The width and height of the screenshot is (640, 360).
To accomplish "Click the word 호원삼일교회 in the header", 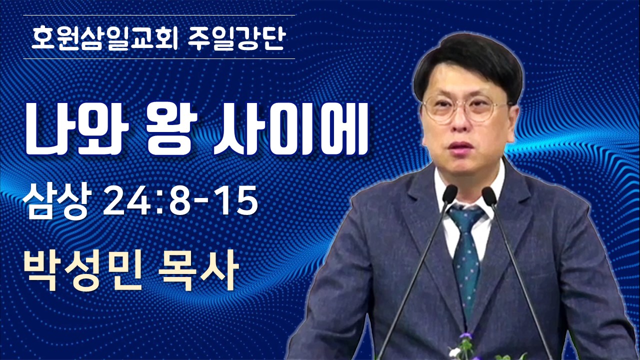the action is click(104, 38).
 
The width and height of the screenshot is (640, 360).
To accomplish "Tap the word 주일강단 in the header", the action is click(237, 38).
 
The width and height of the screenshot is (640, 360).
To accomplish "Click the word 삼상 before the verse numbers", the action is click(57, 201).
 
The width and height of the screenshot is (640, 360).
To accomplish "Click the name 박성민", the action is click(82, 269).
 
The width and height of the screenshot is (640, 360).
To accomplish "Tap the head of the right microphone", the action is click(489, 195).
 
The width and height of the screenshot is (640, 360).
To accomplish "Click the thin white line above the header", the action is click(159, 15).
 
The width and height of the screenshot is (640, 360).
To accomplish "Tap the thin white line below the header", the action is click(159, 59).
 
